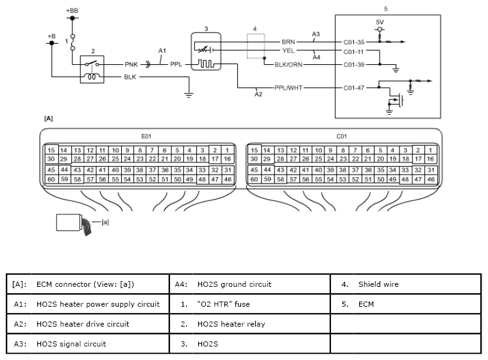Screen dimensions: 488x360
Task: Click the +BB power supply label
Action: (x=72, y=10)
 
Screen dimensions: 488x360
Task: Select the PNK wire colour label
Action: (x=131, y=64)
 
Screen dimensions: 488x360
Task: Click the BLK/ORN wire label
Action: (x=288, y=64)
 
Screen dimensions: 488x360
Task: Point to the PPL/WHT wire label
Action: (x=288, y=88)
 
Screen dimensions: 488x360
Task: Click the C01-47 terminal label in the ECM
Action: (x=353, y=88)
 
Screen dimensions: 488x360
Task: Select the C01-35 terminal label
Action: (x=353, y=42)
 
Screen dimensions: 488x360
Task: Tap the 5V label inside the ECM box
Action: (x=380, y=22)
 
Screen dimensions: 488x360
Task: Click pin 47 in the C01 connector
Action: (x=418, y=180)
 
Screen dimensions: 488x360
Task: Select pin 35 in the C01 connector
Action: (x=380, y=170)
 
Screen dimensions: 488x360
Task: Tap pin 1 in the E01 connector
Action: (x=227, y=150)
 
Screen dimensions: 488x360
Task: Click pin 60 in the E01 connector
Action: (x=51, y=180)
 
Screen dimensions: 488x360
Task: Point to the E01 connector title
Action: (x=146, y=137)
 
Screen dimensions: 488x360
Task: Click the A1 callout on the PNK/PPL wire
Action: (x=162, y=51)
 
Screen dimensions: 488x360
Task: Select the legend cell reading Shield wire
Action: (x=378, y=284)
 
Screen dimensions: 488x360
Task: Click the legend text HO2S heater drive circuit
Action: (x=83, y=324)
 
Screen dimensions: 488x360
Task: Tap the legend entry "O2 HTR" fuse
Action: (x=223, y=304)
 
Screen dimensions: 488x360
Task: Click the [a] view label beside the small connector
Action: (x=105, y=222)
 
